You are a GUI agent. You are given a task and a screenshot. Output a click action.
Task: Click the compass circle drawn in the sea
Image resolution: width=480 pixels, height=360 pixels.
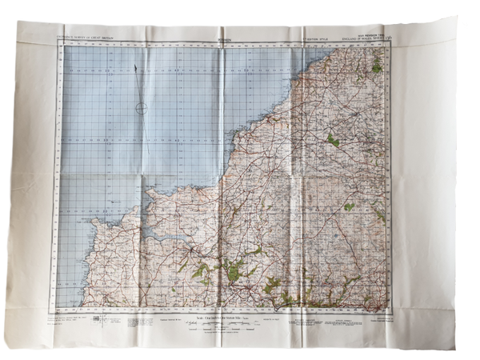pos(141,109)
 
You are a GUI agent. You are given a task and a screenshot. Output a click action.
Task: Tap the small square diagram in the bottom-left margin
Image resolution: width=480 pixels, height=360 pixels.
pos(98,318)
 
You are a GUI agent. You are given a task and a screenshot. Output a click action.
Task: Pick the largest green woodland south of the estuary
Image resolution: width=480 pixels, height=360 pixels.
pos(232,272)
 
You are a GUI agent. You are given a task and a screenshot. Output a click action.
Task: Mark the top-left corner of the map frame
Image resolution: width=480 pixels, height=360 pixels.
pos(58,42)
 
